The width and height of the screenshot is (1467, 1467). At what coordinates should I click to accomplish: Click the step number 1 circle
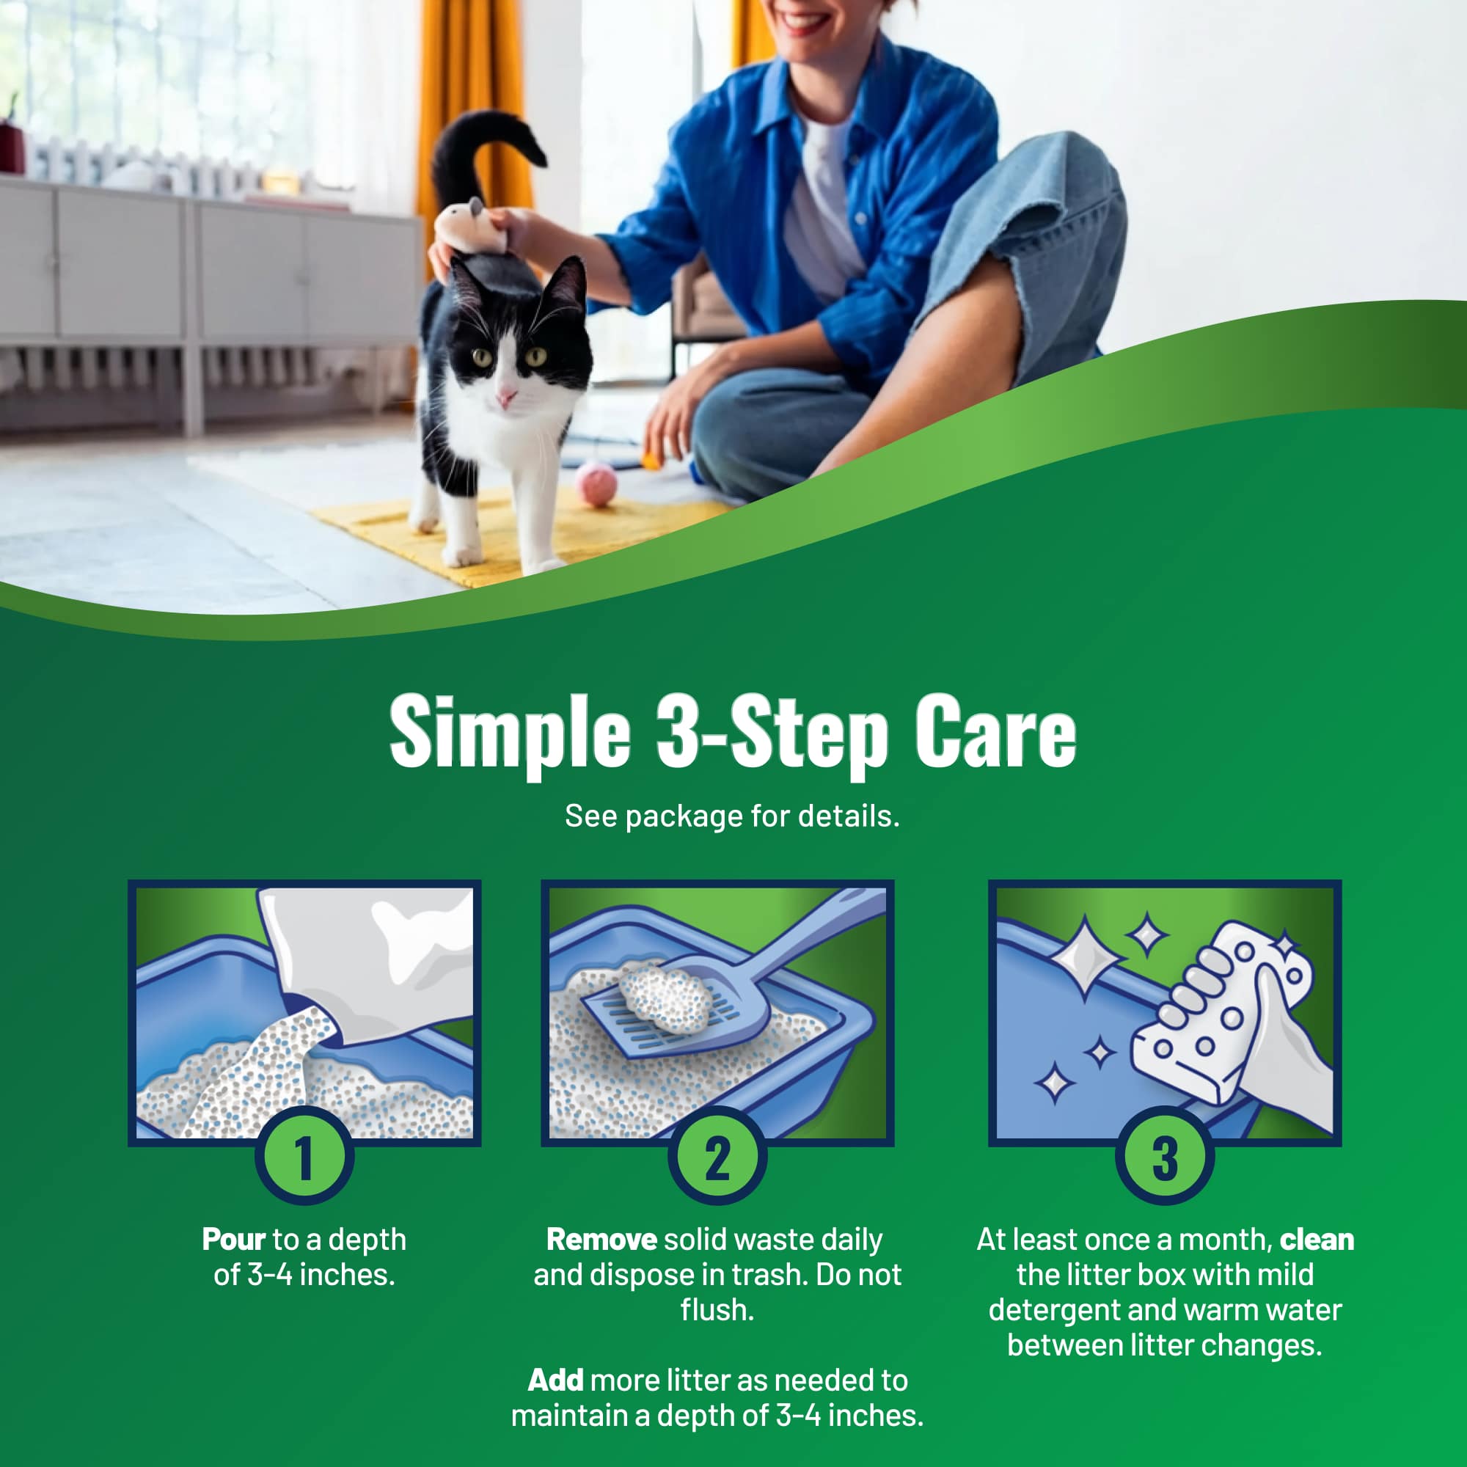[304, 1157]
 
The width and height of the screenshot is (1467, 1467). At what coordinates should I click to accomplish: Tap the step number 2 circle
[717, 1157]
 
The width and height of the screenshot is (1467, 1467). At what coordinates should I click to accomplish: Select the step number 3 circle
[1165, 1157]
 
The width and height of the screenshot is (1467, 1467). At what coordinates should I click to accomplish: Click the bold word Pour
[234, 1240]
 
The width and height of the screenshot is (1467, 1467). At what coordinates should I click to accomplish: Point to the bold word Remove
[601, 1240]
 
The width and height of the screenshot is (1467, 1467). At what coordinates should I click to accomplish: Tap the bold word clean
[1317, 1240]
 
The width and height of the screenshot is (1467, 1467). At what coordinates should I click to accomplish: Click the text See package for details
[732, 816]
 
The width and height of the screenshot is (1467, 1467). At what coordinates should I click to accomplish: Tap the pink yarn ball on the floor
[596, 483]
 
